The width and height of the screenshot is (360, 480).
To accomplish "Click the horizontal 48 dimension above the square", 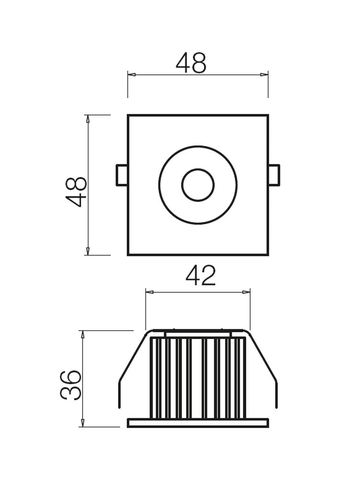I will click(191, 63).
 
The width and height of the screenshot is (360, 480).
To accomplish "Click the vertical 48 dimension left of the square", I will click(76, 192).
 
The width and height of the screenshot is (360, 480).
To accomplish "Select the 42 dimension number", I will click(201, 276).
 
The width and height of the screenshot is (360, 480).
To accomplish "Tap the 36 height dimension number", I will click(71, 384).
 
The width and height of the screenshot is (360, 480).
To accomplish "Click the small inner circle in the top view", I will click(198, 185).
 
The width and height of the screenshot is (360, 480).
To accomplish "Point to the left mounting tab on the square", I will click(122, 175).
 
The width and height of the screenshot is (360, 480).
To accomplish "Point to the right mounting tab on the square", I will click(274, 175).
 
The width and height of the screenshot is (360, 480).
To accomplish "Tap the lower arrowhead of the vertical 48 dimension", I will click(88, 251).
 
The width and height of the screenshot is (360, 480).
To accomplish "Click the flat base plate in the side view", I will click(198, 423).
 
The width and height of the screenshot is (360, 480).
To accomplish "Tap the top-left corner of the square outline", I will click(128, 116).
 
